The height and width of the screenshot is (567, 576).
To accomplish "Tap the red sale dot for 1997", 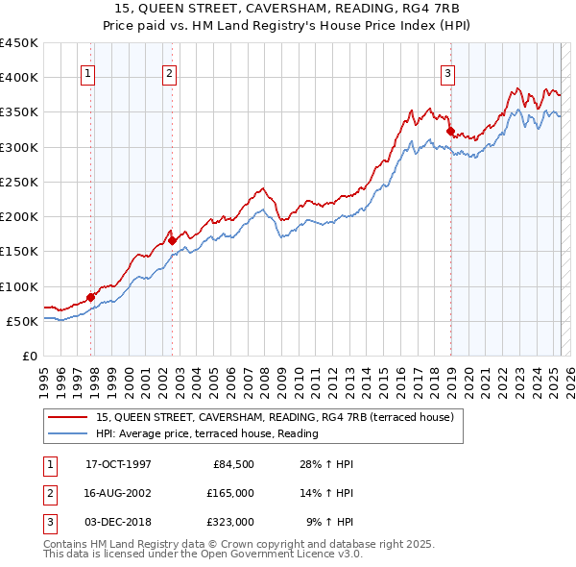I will (x=91, y=297).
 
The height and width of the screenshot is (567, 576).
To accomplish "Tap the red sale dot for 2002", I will (x=173, y=241).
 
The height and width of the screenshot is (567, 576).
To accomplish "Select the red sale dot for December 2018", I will (x=450, y=132).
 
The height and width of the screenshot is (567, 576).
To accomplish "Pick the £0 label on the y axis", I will (x=29, y=356).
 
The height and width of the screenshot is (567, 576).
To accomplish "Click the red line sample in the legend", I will (x=67, y=417).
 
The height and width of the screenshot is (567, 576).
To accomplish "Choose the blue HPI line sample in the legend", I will (x=67, y=434).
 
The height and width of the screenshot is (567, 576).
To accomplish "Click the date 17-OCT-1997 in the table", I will (x=118, y=464).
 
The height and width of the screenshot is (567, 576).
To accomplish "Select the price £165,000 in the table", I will (x=230, y=493).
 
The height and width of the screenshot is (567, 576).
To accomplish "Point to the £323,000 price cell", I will (x=230, y=522).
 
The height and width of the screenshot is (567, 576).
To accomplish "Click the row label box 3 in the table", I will (x=49, y=522).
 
